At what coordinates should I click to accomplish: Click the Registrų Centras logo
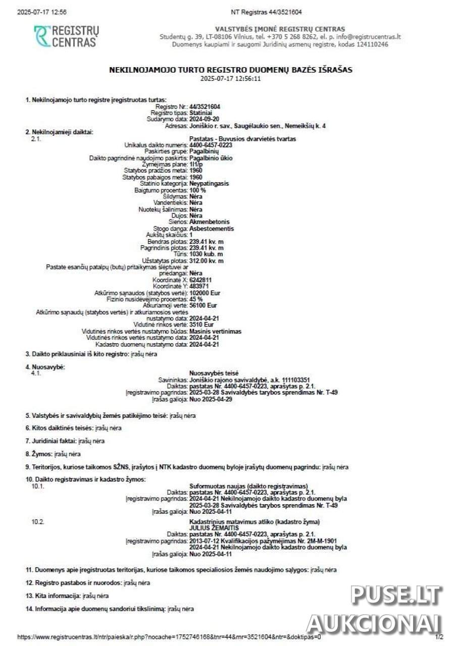(66, 36)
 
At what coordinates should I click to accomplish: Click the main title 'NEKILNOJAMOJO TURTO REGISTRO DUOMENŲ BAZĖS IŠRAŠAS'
(231, 70)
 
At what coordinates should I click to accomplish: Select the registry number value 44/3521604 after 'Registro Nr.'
(205, 107)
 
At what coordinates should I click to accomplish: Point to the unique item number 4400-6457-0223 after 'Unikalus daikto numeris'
(211, 145)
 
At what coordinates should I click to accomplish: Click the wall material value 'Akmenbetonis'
(209, 222)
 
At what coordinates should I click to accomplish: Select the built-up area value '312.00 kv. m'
(207, 261)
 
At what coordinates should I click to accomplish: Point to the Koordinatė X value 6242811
(200, 280)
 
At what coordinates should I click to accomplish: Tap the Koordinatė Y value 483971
(198, 286)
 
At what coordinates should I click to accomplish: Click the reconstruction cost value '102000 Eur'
(205, 293)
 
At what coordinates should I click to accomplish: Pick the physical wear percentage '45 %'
(196, 299)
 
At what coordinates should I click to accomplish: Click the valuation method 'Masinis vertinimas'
(215, 332)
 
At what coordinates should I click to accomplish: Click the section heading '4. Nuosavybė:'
(45, 366)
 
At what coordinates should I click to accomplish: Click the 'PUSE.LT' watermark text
(395, 596)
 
